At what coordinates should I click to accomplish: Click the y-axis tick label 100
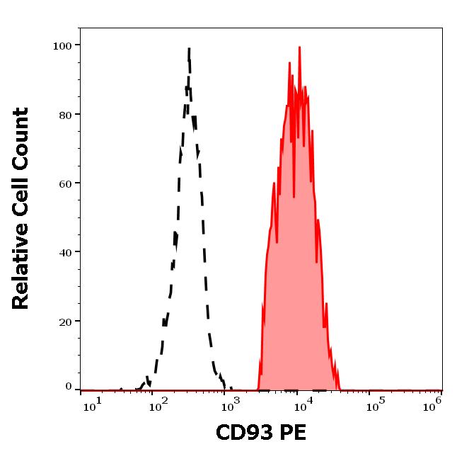coord(62,46)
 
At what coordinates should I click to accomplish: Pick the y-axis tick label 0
coord(69,387)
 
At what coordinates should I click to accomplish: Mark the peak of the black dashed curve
coord(190,50)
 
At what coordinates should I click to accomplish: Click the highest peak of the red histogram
coord(299,48)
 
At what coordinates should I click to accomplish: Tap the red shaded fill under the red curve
coord(294,283)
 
